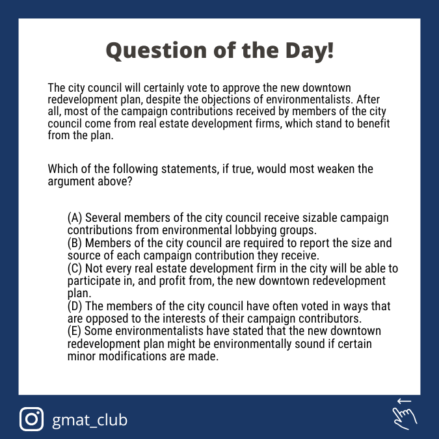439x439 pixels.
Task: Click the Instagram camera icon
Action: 31,419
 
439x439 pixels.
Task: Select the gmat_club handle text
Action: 90,419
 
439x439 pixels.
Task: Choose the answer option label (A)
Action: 75,218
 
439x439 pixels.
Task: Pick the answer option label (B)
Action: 75,243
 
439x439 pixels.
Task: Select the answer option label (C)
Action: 75,269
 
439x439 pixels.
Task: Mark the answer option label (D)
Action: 75,306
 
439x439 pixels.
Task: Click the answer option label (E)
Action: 75,332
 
